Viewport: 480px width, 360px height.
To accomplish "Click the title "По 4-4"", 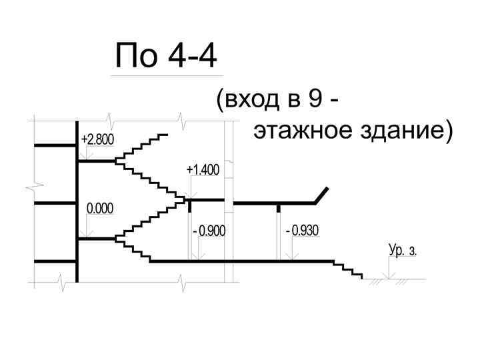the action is click(166, 56).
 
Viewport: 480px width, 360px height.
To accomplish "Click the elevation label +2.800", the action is click(97, 139).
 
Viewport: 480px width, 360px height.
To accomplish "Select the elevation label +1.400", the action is click(203, 171).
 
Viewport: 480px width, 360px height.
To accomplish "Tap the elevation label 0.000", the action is click(101, 209).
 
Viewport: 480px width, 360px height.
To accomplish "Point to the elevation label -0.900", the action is click(209, 231).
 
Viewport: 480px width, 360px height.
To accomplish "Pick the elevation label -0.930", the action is click(302, 231).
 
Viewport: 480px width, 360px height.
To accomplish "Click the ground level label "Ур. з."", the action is click(403, 251).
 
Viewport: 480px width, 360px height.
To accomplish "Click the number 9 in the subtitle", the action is click(316, 101).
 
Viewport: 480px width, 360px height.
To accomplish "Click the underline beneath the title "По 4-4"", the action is click(166, 76).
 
